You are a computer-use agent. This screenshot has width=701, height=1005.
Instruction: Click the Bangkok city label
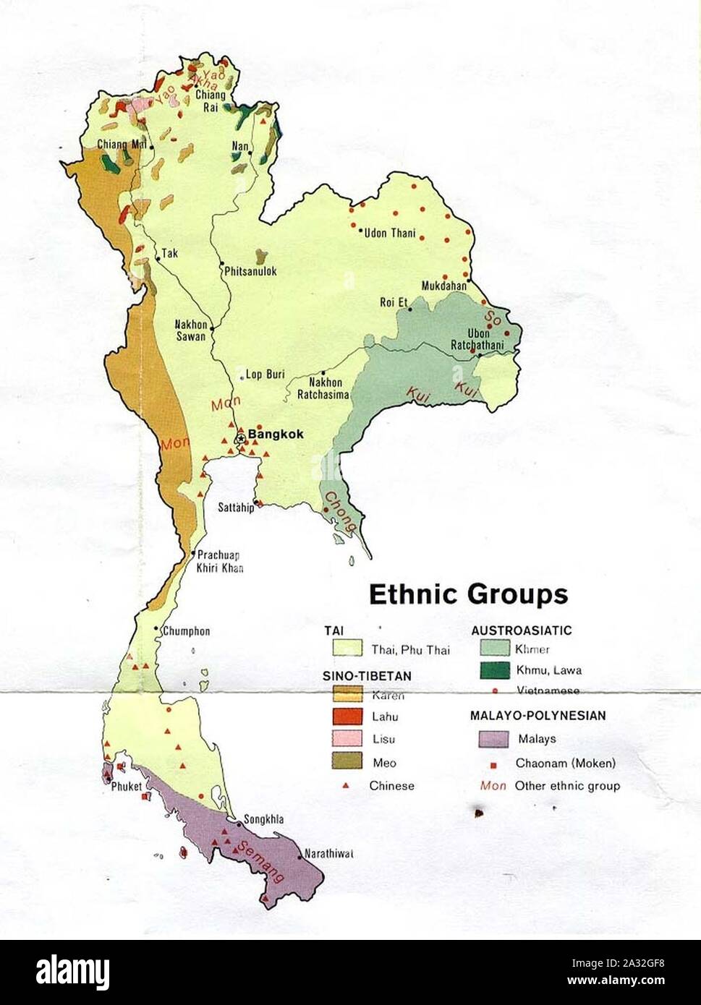click(x=276, y=435)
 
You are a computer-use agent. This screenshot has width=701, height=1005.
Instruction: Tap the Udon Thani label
click(x=390, y=233)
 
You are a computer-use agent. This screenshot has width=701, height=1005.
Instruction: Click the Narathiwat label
click(x=328, y=853)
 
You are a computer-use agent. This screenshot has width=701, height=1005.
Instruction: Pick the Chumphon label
click(x=186, y=631)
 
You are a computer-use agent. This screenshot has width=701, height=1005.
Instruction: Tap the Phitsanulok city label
click(x=250, y=271)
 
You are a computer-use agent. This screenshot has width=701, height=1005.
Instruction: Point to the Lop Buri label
click(x=265, y=375)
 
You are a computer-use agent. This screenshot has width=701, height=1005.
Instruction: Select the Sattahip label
click(x=236, y=508)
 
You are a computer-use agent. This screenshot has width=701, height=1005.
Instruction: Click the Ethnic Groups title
click(x=468, y=594)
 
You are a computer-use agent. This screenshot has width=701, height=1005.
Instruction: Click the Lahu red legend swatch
click(x=347, y=717)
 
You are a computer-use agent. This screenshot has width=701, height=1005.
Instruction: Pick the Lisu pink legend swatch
click(x=347, y=739)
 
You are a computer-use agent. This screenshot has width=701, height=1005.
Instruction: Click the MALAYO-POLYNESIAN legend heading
click(x=538, y=716)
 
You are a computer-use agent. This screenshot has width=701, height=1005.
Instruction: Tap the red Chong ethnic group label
click(x=339, y=512)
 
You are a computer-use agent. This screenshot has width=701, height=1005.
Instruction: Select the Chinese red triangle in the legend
click(x=347, y=786)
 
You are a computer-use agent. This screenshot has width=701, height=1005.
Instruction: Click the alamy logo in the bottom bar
click(x=72, y=972)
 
